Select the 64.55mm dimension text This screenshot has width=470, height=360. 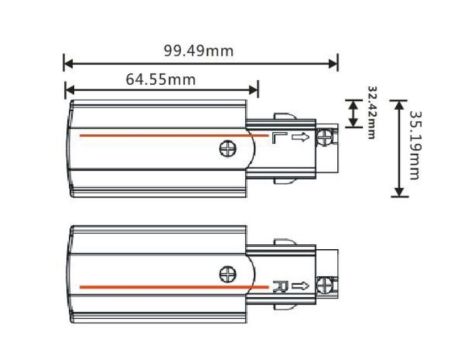[161, 78]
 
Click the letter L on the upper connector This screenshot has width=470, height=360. [279, 137]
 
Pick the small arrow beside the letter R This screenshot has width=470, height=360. [299, 286]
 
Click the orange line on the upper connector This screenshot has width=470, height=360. [160, 133]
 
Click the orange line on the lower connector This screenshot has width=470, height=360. [160, 288]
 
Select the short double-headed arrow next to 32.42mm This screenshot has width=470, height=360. [352, 113]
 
